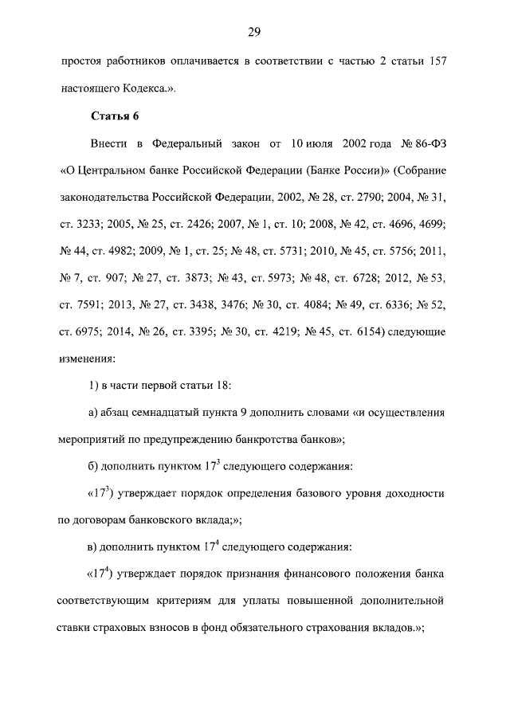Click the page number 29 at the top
[x=255, y=32]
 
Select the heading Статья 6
[x=116, y=116]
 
